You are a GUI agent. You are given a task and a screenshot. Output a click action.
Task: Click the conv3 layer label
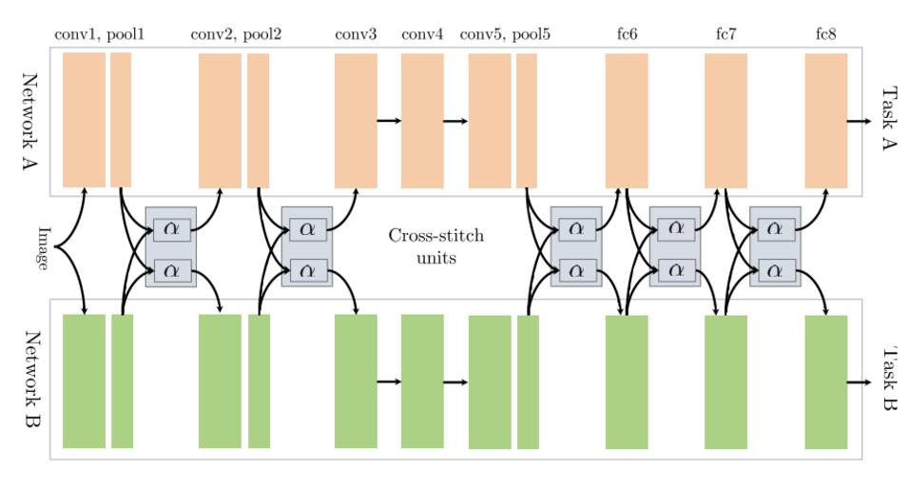click(x=356, y=35)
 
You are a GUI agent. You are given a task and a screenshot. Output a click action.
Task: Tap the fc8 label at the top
click(x=825, y=35)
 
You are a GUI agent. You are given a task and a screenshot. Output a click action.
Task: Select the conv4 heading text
click(x=422, y=35)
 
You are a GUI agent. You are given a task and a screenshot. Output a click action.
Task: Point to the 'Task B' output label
click(x=888, y=381)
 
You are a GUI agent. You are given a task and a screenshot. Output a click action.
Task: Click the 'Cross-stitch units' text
click(x=435, y=245)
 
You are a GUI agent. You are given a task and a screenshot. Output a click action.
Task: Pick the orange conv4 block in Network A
click(x=422, y=120)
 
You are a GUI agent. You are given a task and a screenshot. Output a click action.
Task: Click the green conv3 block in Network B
click(x=356, y=381)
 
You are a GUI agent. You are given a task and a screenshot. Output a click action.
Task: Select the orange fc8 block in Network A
click(x=825, y=120)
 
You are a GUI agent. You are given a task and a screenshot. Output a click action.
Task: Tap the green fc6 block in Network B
click(x=627, y=381)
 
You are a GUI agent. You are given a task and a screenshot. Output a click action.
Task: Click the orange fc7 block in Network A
click(x=725, y=120)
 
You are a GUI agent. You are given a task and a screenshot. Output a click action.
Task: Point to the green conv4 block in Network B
click(x=422, y=381)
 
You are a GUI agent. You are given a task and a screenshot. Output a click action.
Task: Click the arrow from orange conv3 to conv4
click(x=389, y=121)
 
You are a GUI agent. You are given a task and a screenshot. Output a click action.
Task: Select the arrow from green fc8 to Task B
click(x=860, y=381)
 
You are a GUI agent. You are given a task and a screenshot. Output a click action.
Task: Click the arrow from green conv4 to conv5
click(x=455, y=382)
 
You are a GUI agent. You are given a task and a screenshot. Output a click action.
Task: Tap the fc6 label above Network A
click(x=627, y=35)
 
